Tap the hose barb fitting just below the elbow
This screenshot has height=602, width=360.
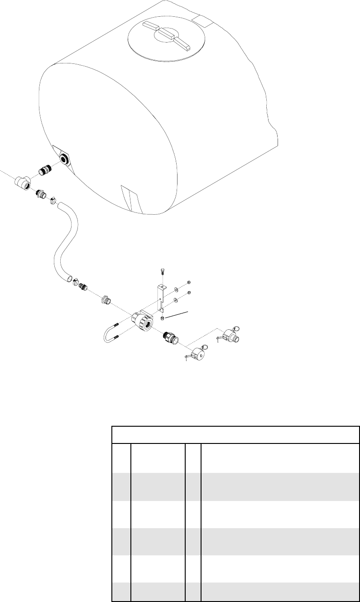click(40, 194)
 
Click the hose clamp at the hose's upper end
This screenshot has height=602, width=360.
click(53, 199)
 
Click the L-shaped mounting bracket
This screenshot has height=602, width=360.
click(159, 297)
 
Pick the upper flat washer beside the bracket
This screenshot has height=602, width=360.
click(176, 289)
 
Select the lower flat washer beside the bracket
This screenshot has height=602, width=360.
click(176, 299)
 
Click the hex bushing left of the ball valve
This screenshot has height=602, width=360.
click(105, 299)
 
